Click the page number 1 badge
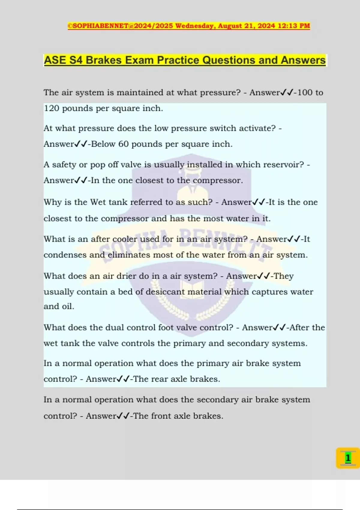[x=348, y=458]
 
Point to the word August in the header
[x=230, y=26]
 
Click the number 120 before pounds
[x=52, y=108]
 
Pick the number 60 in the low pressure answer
[x=123, y=144]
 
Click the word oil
[x=68, y=306]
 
